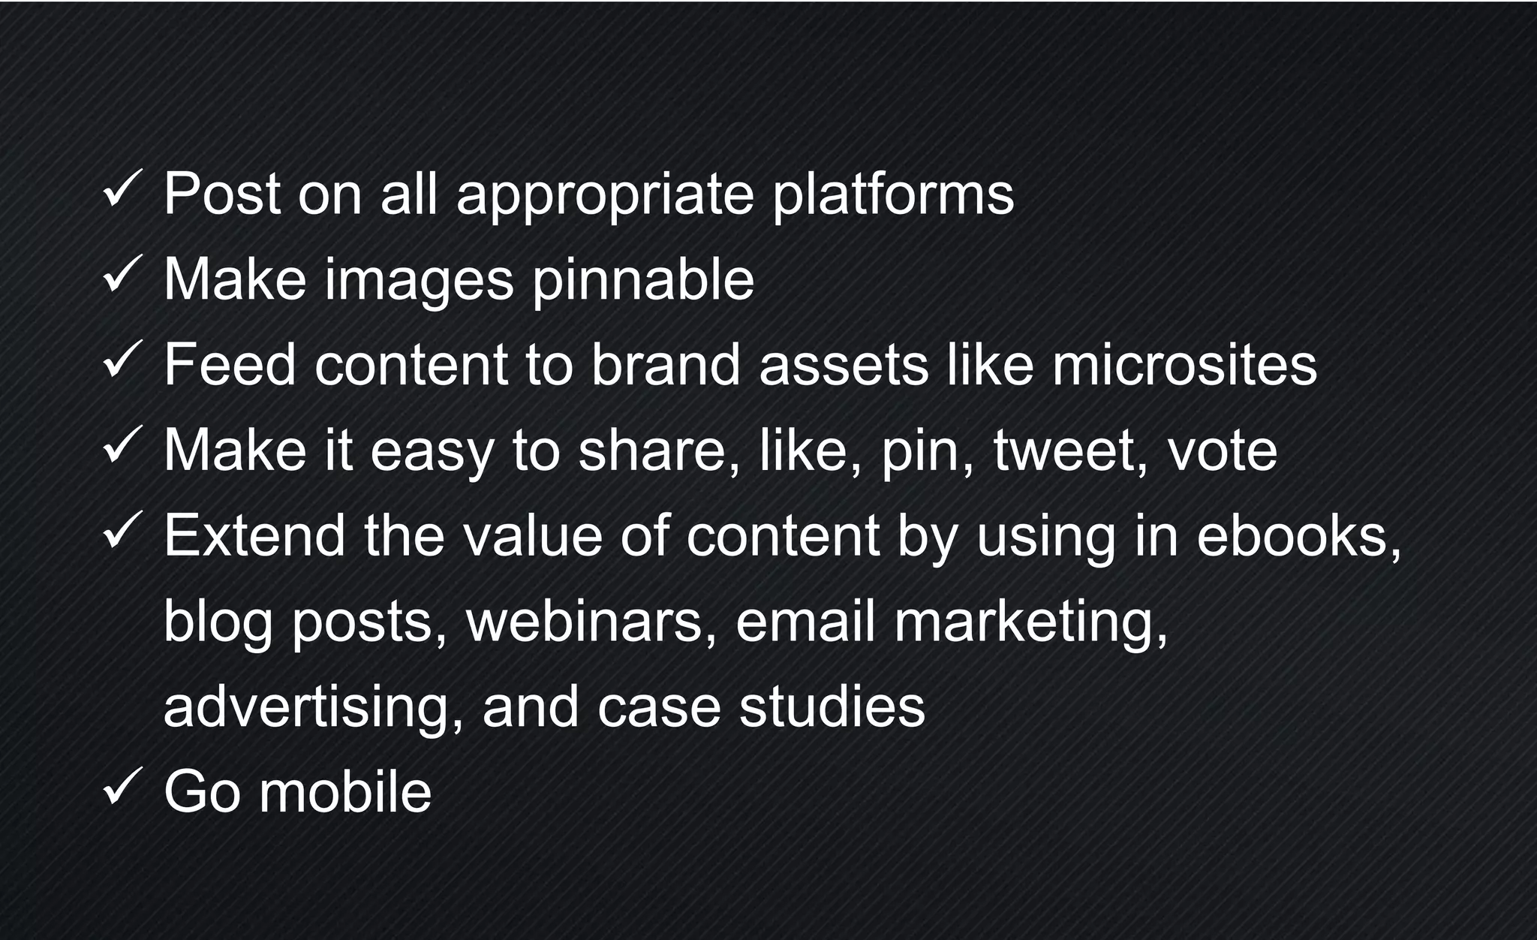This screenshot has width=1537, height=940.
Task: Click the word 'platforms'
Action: click(893, 195)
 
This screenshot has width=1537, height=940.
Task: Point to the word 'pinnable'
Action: click(643, 281)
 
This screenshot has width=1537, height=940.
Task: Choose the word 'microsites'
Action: click(1184, 365)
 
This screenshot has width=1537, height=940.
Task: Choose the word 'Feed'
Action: click(230, 365)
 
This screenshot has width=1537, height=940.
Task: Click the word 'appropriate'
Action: click(605, 195)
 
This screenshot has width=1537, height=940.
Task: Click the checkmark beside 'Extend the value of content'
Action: click(122, 529)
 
